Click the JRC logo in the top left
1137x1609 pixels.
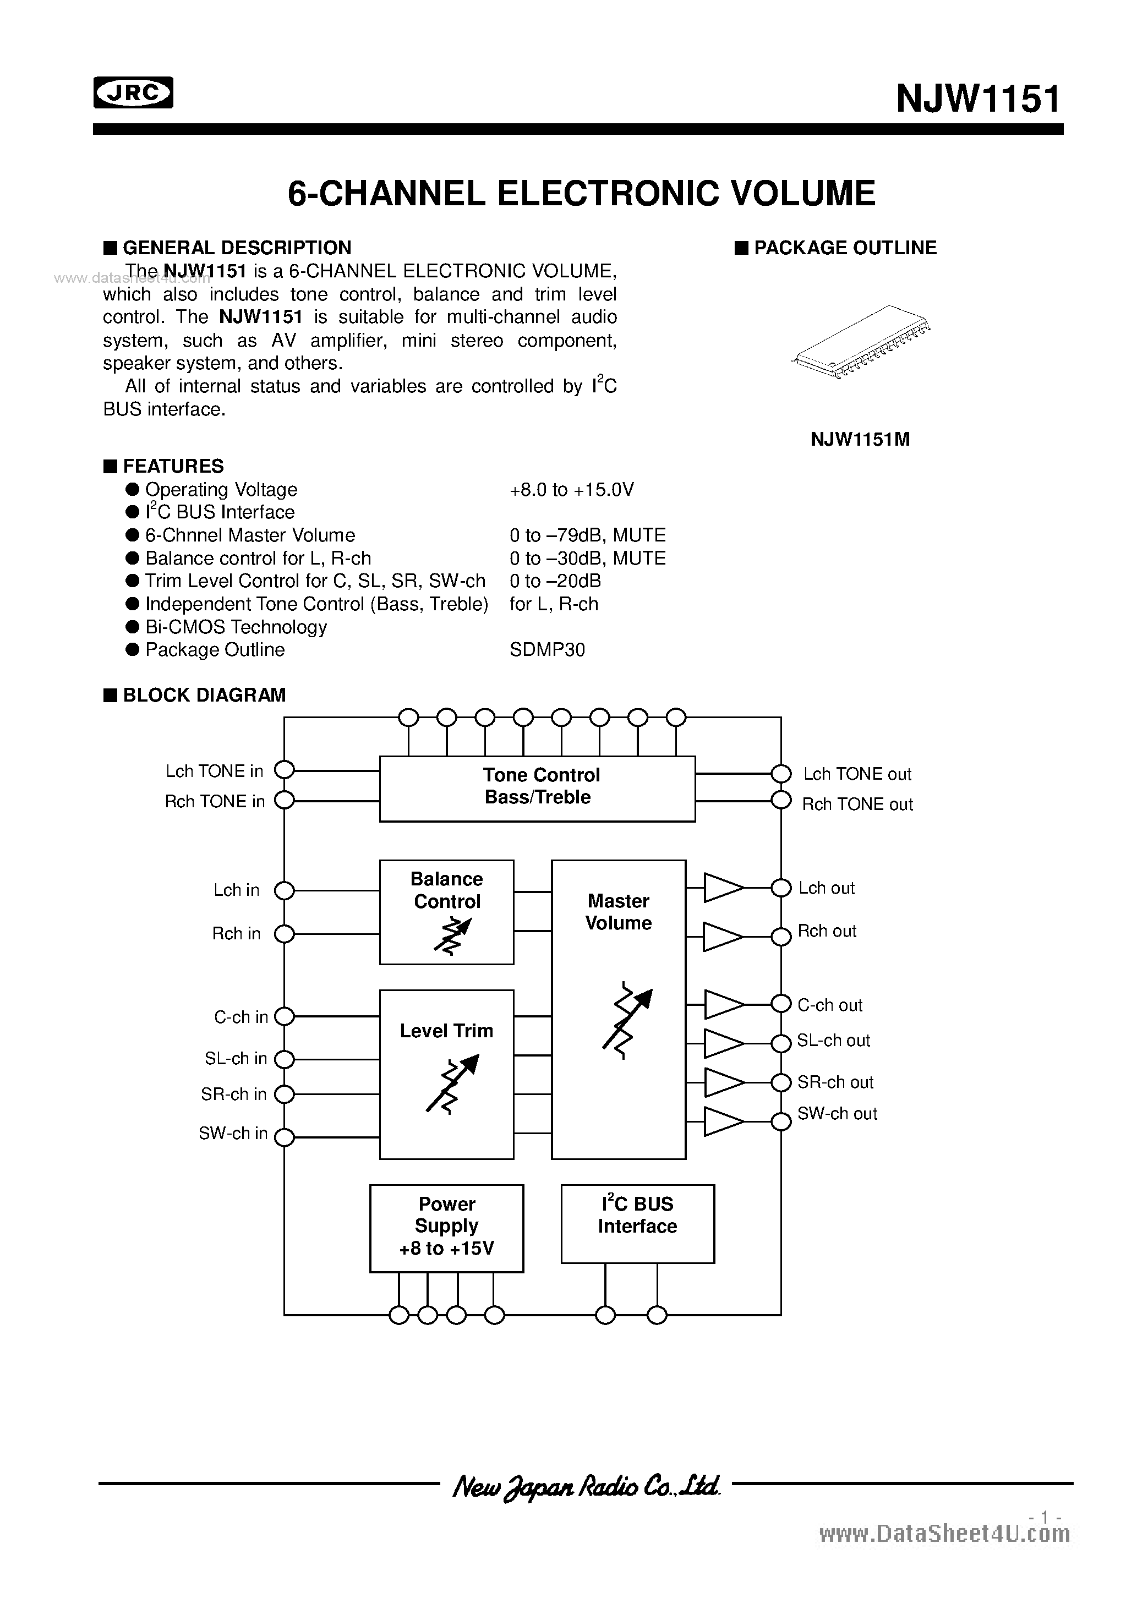[x=133, y=92]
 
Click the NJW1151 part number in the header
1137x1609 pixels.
[x=978, y=99]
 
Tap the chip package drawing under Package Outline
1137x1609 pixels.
[x=860, y=342]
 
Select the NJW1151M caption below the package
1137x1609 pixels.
[x=860, y=439]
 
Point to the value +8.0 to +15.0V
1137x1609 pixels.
[x=571, y=489]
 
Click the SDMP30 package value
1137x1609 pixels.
[x=547, y=650]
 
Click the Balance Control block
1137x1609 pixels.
[x=446, y=912]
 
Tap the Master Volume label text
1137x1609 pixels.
[x=618, y=912]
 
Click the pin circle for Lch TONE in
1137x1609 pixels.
[x=284, y=770]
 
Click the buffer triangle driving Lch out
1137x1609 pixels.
[x=721, y=888]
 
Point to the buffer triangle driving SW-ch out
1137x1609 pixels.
[x=721, y=1121]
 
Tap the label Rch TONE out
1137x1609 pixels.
[x=857, y=804]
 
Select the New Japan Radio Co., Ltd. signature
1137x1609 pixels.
[x=586, y=1485]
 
